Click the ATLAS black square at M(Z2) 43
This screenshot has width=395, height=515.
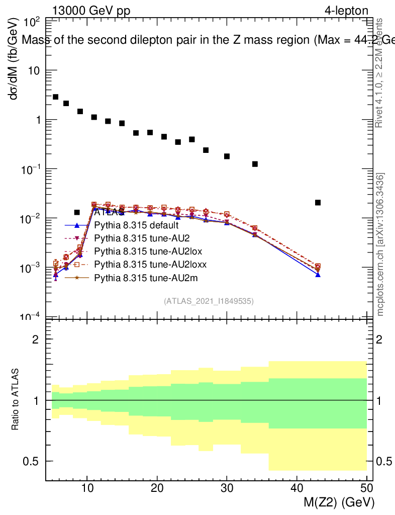318,203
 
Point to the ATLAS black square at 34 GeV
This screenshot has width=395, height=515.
255,164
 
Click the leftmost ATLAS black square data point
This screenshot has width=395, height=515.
55,97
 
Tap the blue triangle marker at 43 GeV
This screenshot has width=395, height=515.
318,275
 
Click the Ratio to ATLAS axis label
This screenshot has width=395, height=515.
16,400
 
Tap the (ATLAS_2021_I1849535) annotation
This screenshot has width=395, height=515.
209,301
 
